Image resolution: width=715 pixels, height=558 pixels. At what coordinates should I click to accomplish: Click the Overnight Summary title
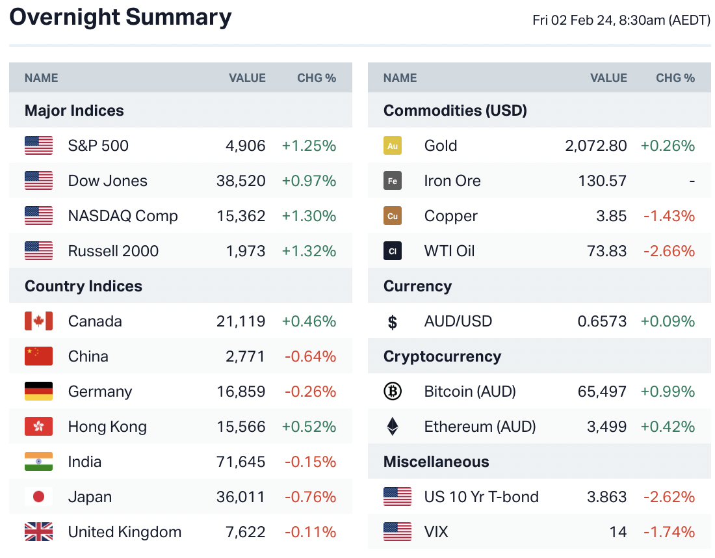120,18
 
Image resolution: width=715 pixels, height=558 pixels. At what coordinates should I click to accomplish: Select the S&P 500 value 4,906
246,146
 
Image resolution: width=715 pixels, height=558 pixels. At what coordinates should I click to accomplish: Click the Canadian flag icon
38,321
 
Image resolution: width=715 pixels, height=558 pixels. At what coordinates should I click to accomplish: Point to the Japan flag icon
38,497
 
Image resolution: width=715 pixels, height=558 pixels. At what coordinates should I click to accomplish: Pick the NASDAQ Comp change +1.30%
309,216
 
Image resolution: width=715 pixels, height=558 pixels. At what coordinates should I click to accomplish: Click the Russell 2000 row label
113,251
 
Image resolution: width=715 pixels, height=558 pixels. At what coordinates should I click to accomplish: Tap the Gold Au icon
393,146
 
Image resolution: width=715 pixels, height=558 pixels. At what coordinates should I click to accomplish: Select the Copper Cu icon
393,216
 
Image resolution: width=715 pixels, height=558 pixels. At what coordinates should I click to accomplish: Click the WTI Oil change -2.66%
669,251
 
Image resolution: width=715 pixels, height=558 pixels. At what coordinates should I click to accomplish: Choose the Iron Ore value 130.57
603,181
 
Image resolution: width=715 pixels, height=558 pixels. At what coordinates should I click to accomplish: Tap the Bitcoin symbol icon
393,392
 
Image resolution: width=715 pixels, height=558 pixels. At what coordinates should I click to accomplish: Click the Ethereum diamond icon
393,427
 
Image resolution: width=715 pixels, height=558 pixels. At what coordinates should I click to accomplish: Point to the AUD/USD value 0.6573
603,321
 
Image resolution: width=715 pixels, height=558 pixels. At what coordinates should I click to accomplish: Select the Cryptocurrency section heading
442,356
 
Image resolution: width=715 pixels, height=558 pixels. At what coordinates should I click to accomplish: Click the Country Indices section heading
83,286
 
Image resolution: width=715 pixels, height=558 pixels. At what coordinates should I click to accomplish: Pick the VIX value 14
618,532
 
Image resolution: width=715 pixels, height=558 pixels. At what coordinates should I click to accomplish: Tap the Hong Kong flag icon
38,427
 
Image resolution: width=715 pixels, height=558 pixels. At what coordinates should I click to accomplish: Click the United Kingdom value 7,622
246,532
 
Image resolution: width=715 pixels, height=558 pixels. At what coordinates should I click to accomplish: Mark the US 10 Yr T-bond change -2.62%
669,497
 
